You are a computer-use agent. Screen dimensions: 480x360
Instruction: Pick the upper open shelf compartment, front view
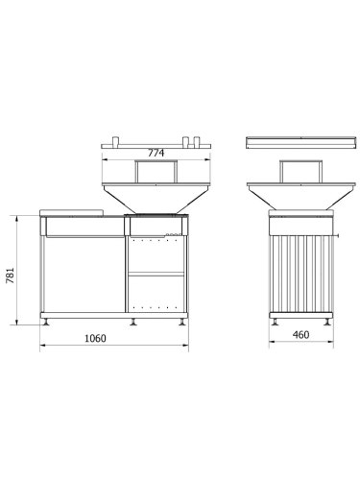156,253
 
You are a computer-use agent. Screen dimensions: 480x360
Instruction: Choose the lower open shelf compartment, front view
156,292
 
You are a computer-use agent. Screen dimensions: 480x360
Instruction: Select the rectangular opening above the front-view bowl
154,171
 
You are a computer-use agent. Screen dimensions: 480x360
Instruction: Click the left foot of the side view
276,320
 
